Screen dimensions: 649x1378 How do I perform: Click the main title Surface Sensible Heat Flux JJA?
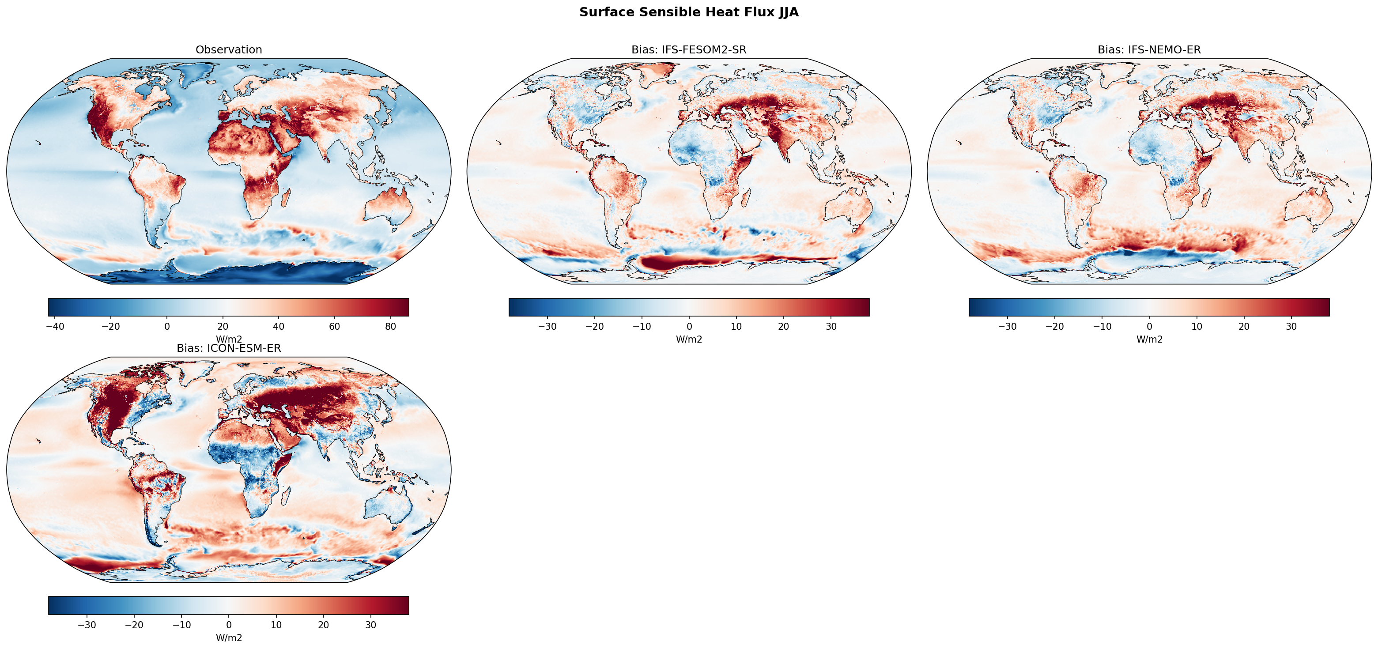[688, 12]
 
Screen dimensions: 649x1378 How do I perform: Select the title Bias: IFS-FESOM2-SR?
[688, 50]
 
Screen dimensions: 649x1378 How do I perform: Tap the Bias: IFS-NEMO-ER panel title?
[1149, 50]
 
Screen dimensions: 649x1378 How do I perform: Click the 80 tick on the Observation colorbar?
[390, 326]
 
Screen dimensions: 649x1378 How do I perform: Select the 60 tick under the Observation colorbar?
[334, 326]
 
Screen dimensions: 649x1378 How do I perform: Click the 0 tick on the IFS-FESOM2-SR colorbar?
[689, 326]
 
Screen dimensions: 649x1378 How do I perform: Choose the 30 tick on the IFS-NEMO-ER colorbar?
[1291, 326]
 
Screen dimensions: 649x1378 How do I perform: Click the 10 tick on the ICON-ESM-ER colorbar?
[276, 625]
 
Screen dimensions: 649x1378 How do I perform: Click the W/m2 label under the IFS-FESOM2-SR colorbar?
[688, 339]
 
